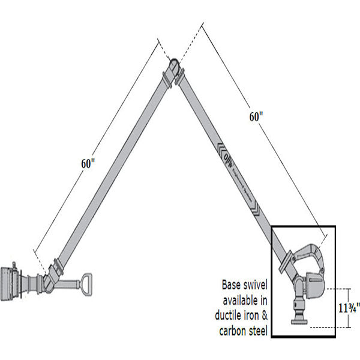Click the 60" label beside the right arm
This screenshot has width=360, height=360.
(x=256, y=118)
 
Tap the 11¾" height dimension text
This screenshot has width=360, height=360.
(x=349, y=308)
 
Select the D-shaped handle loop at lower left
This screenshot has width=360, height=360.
(x=88, y=282)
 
